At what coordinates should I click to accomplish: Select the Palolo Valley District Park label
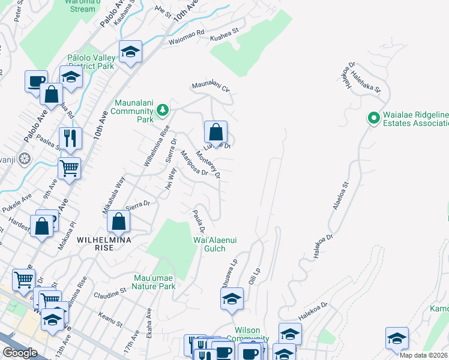[91, 62]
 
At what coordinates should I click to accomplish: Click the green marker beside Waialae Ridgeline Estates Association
[373, 118]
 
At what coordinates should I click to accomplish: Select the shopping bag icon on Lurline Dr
[215, 133]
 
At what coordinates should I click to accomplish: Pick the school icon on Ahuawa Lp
[232, 299]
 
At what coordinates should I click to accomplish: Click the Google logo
[20, 353]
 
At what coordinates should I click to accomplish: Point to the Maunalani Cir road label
[211, 88]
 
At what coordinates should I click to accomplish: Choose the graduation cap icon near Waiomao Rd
[130, 52]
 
